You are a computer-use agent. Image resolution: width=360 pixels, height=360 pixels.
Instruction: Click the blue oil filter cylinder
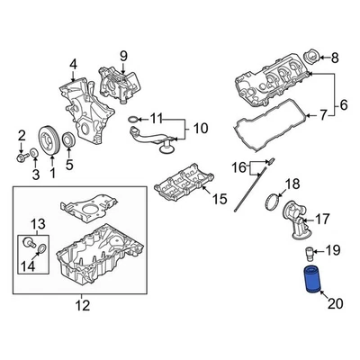[x=312, y=279]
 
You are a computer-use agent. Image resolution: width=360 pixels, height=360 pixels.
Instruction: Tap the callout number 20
[x=335, y=304]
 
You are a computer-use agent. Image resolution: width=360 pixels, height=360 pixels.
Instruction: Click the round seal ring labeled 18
[x=274, y=202]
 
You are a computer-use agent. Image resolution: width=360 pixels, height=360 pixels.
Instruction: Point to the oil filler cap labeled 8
[x=310, y=57]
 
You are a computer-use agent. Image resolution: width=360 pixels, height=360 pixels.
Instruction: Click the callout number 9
[x=123, y=56]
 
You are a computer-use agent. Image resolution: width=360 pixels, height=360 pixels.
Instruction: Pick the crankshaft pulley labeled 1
[x=49, y=140]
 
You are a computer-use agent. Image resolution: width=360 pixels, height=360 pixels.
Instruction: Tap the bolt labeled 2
[x=22, y=157]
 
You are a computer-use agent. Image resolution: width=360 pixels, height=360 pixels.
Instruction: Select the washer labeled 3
[x=34, y=152]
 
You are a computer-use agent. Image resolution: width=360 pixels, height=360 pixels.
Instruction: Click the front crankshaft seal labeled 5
[x=68, y=140]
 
